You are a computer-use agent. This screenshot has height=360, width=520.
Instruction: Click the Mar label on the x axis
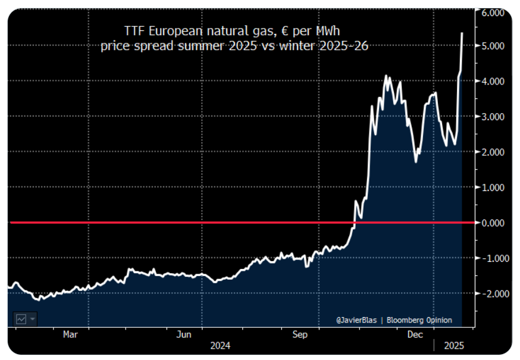[71, 335]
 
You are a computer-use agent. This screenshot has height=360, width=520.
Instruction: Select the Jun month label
[184, 335]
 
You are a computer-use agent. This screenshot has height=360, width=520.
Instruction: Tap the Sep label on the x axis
[300, 335]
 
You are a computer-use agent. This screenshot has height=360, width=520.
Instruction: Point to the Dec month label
[415, 335]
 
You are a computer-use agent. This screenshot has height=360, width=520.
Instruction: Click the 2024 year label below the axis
[220, 346]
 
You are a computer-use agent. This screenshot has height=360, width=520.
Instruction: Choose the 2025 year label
[454, 346]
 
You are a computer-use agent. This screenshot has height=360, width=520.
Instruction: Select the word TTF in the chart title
[133, 30]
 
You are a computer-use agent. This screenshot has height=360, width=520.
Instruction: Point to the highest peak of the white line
[462, 33]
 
